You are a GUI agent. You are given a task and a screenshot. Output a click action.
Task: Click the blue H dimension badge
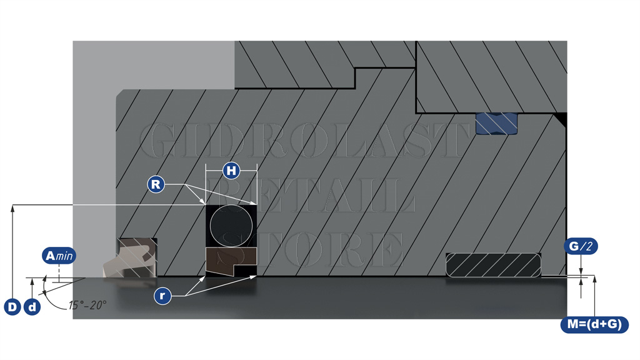(x=231, y=170)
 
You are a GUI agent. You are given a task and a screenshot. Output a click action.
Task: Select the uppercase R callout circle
(x=156, y=184)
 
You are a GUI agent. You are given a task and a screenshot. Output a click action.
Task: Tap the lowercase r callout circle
(x=162, y=296)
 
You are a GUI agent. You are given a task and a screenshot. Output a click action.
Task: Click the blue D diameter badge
(x=12, y=306)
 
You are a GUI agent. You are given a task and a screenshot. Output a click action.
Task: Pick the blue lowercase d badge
(x=32, y=306)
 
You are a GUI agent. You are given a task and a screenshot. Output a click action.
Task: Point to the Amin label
(x=59, y=256)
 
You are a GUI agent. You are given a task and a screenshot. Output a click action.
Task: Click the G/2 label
(x=581, y=246)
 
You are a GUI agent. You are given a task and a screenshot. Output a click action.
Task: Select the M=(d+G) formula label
(x=594, y=324)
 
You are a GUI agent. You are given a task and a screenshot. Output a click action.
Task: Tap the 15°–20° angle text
(x=87, y=305)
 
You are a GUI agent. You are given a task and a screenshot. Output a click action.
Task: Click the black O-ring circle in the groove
(x=231, y=226)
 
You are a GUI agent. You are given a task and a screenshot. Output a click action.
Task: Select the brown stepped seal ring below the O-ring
(x=231, y=261)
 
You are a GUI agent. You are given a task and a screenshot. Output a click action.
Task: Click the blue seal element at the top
(x=497, y=124)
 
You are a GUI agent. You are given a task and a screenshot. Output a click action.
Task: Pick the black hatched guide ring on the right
(x=493, y=265)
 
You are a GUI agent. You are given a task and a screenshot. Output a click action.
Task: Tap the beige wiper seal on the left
(x=130, y=257)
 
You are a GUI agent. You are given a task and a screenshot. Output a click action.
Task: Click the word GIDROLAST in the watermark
(x=304, y=141)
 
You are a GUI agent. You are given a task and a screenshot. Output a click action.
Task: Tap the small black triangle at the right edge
(x=562, y=118)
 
